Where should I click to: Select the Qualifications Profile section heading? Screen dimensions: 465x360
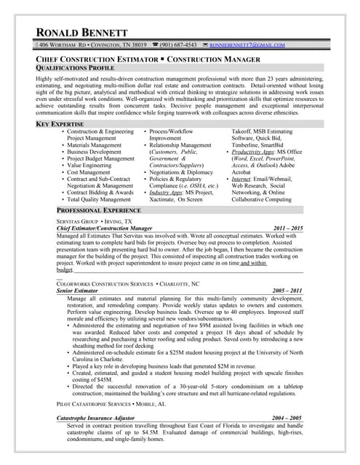point(75,66)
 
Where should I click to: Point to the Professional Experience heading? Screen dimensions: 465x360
point(98,209)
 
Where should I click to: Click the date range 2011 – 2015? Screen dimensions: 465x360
point(286,227)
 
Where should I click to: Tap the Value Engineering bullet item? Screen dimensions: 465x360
point(95,165)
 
